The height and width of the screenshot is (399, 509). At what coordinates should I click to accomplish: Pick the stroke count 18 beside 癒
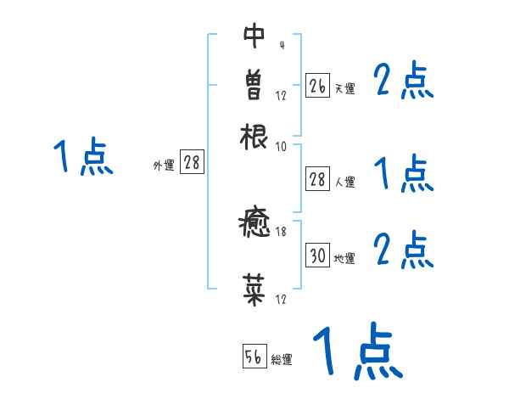coord(281,232)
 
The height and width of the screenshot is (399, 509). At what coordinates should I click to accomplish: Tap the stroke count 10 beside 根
coord(281,147)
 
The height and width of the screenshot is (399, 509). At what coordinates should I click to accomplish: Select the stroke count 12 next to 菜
coord(281,298)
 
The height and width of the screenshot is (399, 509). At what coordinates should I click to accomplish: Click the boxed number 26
coord(317,86)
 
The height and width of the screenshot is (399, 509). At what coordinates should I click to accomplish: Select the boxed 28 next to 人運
coord(317,178)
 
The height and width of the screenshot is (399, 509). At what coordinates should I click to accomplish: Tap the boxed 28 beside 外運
coord(192,163)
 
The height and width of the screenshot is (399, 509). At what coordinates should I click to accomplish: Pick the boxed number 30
coord(317,256)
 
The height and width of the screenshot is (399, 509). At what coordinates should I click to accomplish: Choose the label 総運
coord(282,361)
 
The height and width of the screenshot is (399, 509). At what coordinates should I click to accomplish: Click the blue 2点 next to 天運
coord(403,81)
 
